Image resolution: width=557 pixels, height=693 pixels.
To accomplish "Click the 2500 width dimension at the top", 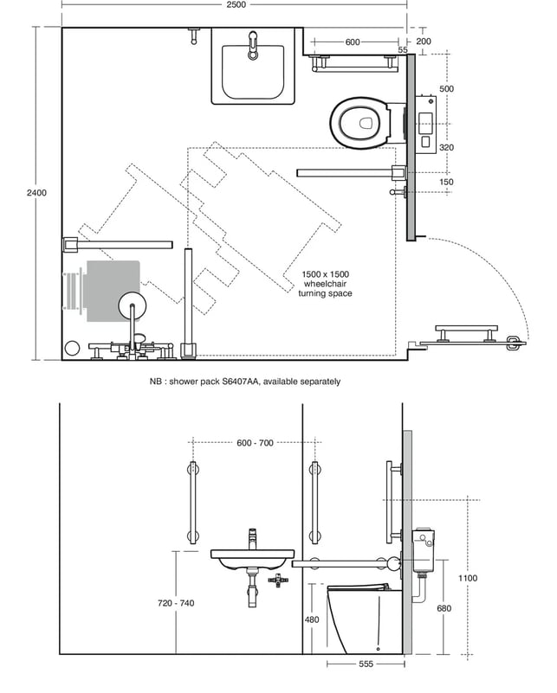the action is (236, 5).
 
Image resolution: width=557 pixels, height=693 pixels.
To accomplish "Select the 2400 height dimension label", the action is (36, 193).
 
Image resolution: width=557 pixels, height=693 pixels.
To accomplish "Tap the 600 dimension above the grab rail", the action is (353, 42).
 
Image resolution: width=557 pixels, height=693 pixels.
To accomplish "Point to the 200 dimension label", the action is (424, 42).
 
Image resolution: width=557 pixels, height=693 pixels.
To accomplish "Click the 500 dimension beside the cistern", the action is (446, 89).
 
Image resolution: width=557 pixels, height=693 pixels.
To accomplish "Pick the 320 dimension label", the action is (446, 148).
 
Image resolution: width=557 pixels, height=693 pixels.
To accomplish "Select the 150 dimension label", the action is (446, 182).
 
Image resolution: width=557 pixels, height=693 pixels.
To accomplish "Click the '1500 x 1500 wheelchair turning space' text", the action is (325, 284).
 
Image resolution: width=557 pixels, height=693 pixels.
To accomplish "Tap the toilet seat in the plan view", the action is (360, 123).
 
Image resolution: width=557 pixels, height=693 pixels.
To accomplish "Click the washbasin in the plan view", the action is (253, 67).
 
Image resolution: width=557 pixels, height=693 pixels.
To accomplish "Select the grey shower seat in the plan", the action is (113, 292).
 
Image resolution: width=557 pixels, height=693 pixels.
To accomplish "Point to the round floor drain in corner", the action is (72, 349).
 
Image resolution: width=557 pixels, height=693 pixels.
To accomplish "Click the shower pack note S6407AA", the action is (244, 382).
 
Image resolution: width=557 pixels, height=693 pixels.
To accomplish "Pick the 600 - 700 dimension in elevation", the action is (255, 443).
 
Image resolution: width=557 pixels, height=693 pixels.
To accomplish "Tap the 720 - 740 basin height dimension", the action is (176, 603).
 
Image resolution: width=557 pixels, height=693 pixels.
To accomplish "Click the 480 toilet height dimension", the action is (312, 619).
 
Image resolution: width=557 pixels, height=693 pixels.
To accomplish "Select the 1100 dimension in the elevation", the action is (468, 578).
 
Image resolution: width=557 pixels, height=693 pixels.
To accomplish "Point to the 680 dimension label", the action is (444, 608).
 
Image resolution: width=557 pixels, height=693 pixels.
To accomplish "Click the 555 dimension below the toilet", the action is (366, 664).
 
